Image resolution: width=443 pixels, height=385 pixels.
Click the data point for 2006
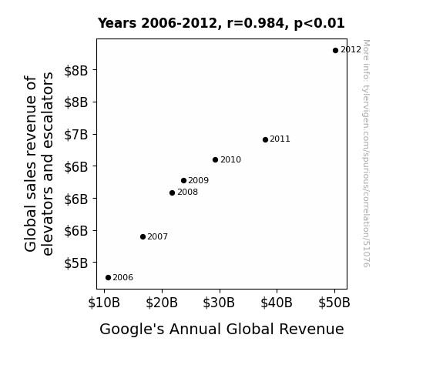pyautogui.click(x=108, y=278)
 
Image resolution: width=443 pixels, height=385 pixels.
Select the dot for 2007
pyautogui.click(x=143, y=236)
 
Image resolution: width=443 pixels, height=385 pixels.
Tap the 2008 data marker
pyautogui.click(x=172, y=193)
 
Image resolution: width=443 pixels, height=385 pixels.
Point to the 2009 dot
pyautogui.click(x=183, y=180)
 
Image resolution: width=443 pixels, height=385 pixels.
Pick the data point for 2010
pyautogui.click(x=215, y=160)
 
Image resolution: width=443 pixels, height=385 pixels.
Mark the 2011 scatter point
pyautogui.click(x=265, y=139)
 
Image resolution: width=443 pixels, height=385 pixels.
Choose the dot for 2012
pyautogui.click(x=335, y=51)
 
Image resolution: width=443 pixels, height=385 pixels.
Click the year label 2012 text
pyautogui.click(x=351, y=50)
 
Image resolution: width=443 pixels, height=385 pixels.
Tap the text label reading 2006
pyautogui.click(x=123, y=278)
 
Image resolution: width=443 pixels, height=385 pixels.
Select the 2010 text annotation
pyautogui.click(x=231, y=160)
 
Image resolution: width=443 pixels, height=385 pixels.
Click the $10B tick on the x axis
pyautogui.click(x=104, y=303)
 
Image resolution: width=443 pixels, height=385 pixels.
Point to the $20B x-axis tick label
pyautogui.click(x=162, y=303)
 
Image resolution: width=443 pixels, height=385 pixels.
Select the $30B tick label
pyautogui.click(x=219, y=303)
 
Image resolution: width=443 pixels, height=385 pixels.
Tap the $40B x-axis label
pyautogui.click(x=277, y=303)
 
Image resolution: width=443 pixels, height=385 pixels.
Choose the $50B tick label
pyautogui.click(x=334, y=303)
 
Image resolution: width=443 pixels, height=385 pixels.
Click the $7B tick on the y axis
pyautogui.click(x=76, y=135)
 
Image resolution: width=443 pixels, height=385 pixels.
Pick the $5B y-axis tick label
pyautogui.click(x=76, y=263)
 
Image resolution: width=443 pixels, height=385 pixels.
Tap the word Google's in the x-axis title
pyautogui.click(x=132, y=330)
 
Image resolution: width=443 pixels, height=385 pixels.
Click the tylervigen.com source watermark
pyautogui.click(x=366, y=153)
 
